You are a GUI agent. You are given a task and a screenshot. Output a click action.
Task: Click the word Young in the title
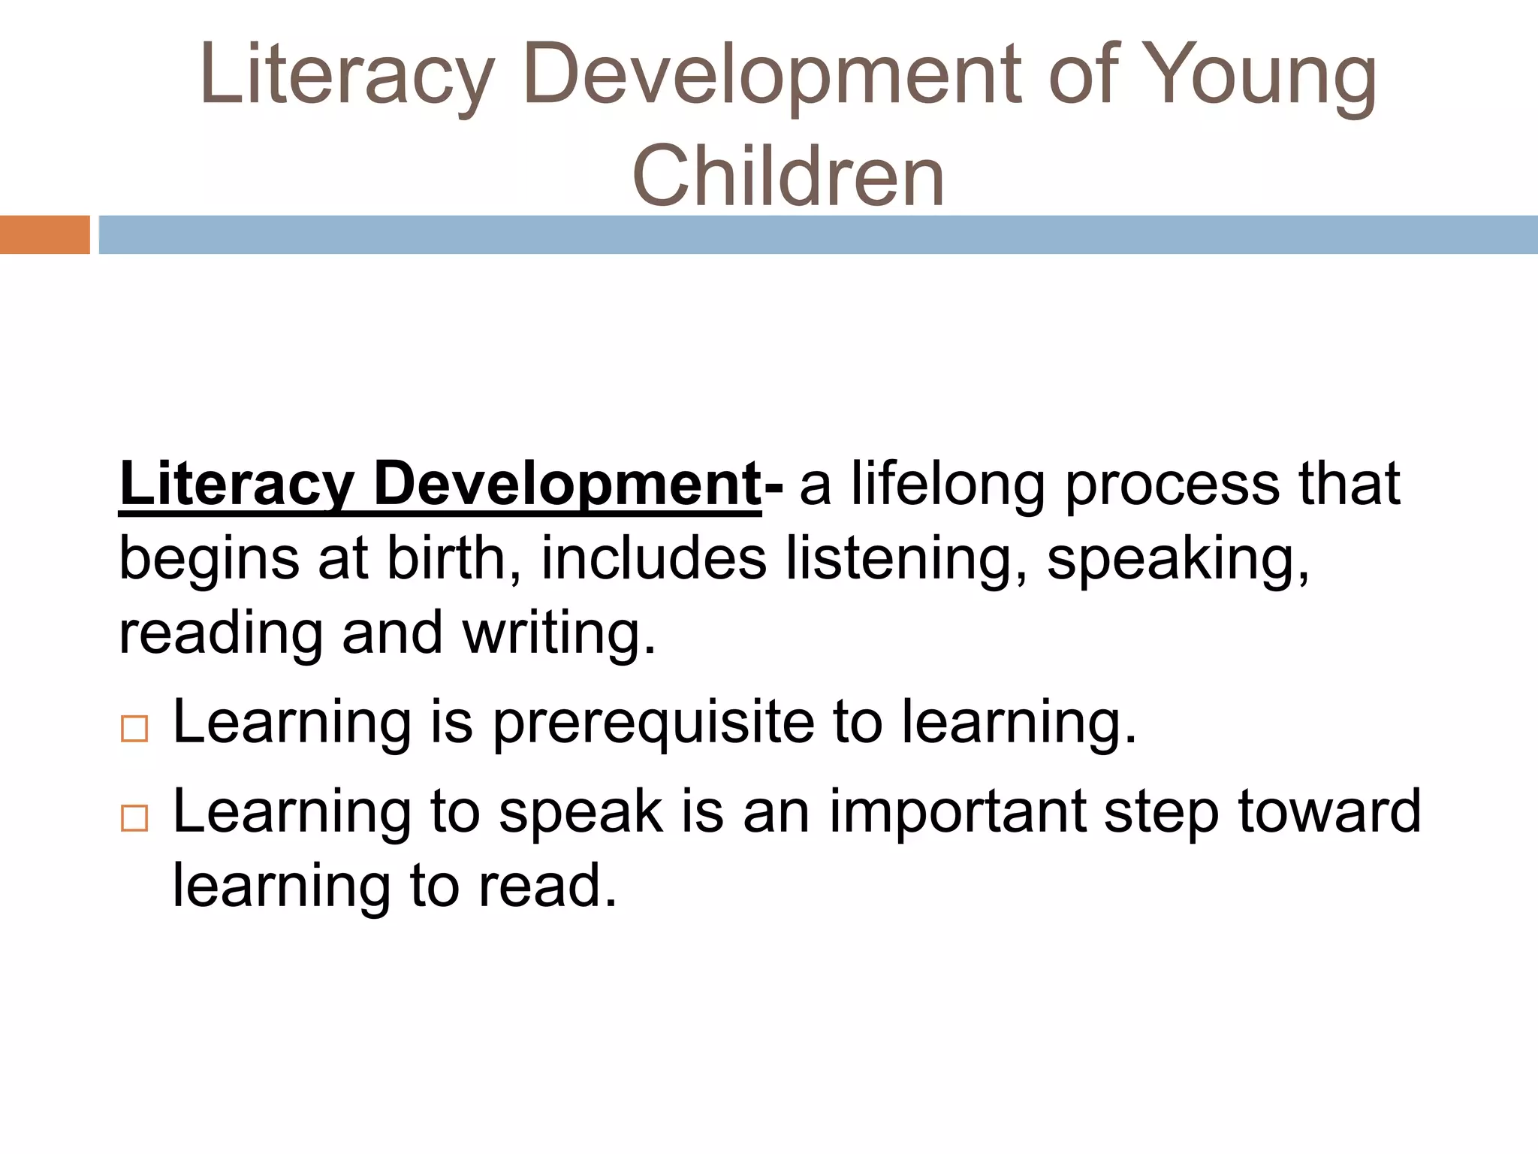(x=1262, y=75)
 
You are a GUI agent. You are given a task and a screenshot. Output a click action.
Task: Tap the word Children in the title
(x=789, y=177)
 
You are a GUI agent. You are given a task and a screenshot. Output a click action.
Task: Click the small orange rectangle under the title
(x=44, y=234)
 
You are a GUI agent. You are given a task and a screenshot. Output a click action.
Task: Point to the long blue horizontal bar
(x=819, y=234)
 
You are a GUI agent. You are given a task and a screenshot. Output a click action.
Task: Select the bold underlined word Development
(x=568, y=485)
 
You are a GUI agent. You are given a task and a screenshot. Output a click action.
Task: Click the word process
(x=1172, y=485)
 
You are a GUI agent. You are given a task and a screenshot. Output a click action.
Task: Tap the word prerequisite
(x=653, y=723)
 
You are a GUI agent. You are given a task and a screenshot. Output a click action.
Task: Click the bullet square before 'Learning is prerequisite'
(x=134, y=729)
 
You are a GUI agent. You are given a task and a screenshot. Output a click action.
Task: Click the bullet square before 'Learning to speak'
(x=134, y=817)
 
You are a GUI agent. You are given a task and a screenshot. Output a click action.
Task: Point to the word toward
(x=1329, y=811)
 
